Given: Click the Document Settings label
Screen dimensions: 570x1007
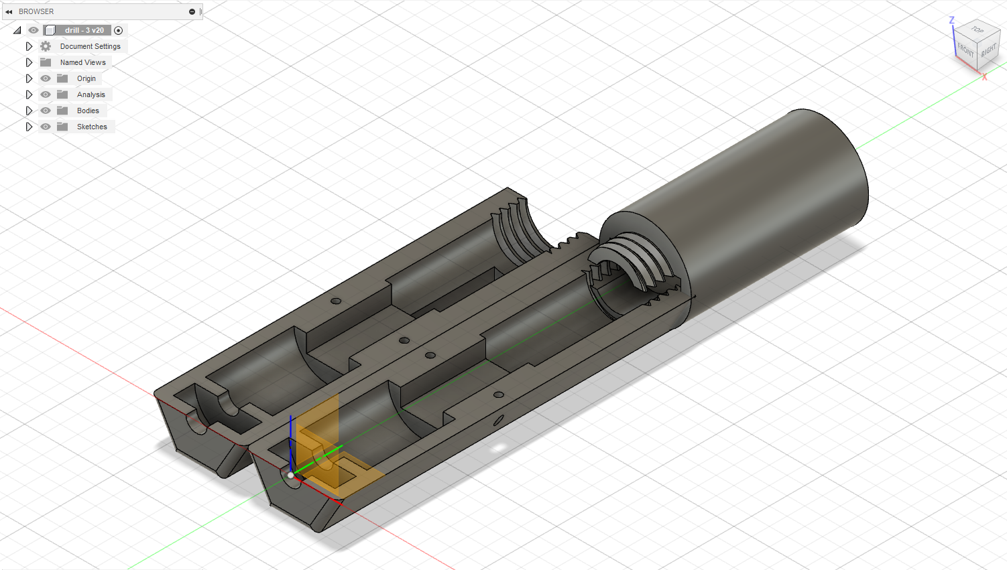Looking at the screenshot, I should coord(90,46).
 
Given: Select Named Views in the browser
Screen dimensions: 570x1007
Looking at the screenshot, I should coord(82,62).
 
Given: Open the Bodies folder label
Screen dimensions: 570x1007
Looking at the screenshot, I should coord(88,111).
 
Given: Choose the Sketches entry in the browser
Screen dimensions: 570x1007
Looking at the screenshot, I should coord(92,127).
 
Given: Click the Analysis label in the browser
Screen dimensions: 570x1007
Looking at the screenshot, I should coord(91,94).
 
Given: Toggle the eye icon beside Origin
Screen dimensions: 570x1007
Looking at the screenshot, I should coord(46,78).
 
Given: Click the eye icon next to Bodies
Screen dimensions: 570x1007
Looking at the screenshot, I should coord(46,111).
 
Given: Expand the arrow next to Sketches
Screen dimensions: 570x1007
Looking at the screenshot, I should coord(29,127).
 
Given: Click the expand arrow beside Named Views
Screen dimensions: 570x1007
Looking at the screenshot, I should coord(29,62).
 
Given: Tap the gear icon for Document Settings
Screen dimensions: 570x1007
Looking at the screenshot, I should coord(46,46).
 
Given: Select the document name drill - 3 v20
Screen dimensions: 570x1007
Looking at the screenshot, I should coord(84,30).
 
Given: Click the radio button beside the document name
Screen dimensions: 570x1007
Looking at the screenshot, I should coord(119,30).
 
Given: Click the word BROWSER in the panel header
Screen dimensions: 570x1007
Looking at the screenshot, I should coord(36,11).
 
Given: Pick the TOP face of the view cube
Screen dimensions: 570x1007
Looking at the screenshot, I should coord(978,30).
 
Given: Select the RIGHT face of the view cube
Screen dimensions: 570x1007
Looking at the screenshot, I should coord(988,51).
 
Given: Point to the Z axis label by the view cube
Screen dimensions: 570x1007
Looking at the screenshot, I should coord(951,21).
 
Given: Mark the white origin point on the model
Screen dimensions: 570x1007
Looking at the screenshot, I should coord(290,475).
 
